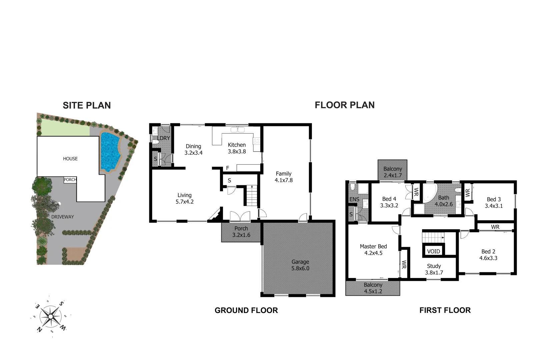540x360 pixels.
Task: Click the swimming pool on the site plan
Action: pyautogui.click(x=110, y=152)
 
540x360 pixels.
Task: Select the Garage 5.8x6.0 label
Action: pyautogui.click(x=300, y=265)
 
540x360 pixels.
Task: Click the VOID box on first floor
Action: pyautogui.click(x=433, y=251)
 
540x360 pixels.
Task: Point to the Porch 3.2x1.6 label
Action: pyautogui.click(x=241, y=232)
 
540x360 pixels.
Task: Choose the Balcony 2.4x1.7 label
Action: pyautogui.click(x=392, y=172)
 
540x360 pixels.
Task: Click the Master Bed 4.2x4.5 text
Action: pyautogui.click(x=373, y=250)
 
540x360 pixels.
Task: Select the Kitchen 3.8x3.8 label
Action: pyautogui.click(x=237, y=148)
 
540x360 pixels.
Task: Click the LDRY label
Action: pyautogui.click(x=164, y=138)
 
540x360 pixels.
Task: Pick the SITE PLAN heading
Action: pyautogui.click(x=87, y=105)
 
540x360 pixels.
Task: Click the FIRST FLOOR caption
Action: pyautogui.click(x=445, y=310)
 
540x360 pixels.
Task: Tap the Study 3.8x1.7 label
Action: pyautogui.click(x=434, y=269)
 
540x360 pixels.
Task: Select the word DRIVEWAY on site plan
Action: pyautogui.click(x=63, y=217)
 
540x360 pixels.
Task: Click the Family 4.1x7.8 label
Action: pyautogui.click(x=283, y=177)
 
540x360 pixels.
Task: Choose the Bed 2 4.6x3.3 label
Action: pyautogui.click(x=488, y=255)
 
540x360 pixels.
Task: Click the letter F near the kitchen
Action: pyautogui.click(x=228, y=168)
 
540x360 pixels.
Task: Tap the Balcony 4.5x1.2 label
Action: pyautogui.click(x=373, y=288)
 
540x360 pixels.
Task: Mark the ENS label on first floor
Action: pyautogui.click(x=354, y=199)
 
